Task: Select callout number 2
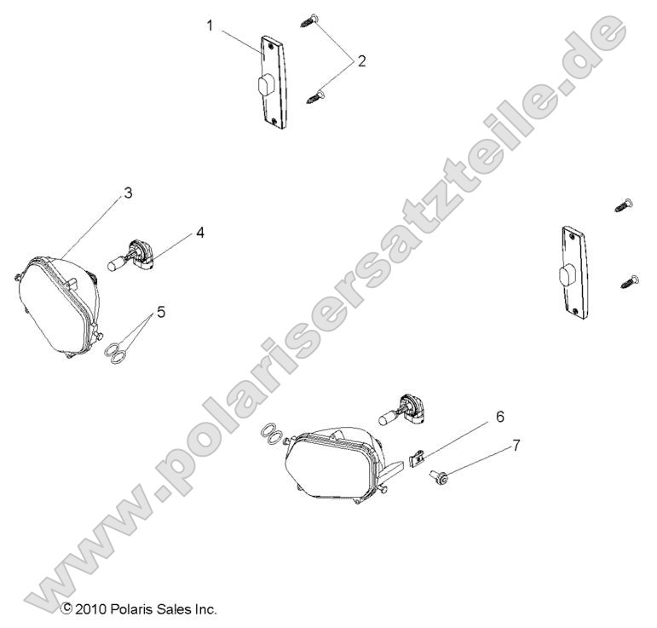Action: click(361, 60)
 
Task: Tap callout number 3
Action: click(127, 193)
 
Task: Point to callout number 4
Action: click(199, 231)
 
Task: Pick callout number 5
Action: click(160, 312)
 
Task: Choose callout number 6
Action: click(499, 417)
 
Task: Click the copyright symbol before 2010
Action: click(66, 609)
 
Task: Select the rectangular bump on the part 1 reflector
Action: click(264, 86)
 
